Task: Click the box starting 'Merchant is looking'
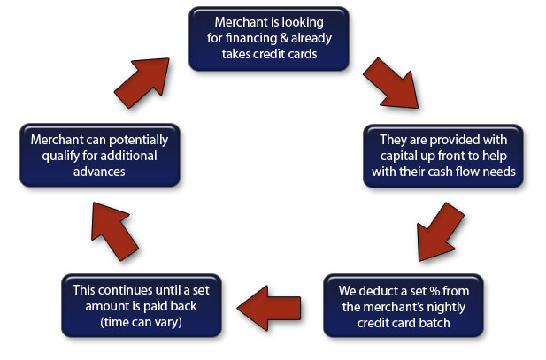[x=269, y=39]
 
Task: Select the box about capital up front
[x=443, y=156]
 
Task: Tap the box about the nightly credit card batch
[x=404, y=306]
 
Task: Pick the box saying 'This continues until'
[x=142, y=306]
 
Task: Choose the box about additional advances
[x=100, y=156]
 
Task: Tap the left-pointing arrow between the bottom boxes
[x=269, y=308]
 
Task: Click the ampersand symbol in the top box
[x=284, y=38]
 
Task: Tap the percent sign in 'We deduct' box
[x=434, y=291]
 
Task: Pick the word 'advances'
[x=99, y=172]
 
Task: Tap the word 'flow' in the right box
[x=467, y=172]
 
